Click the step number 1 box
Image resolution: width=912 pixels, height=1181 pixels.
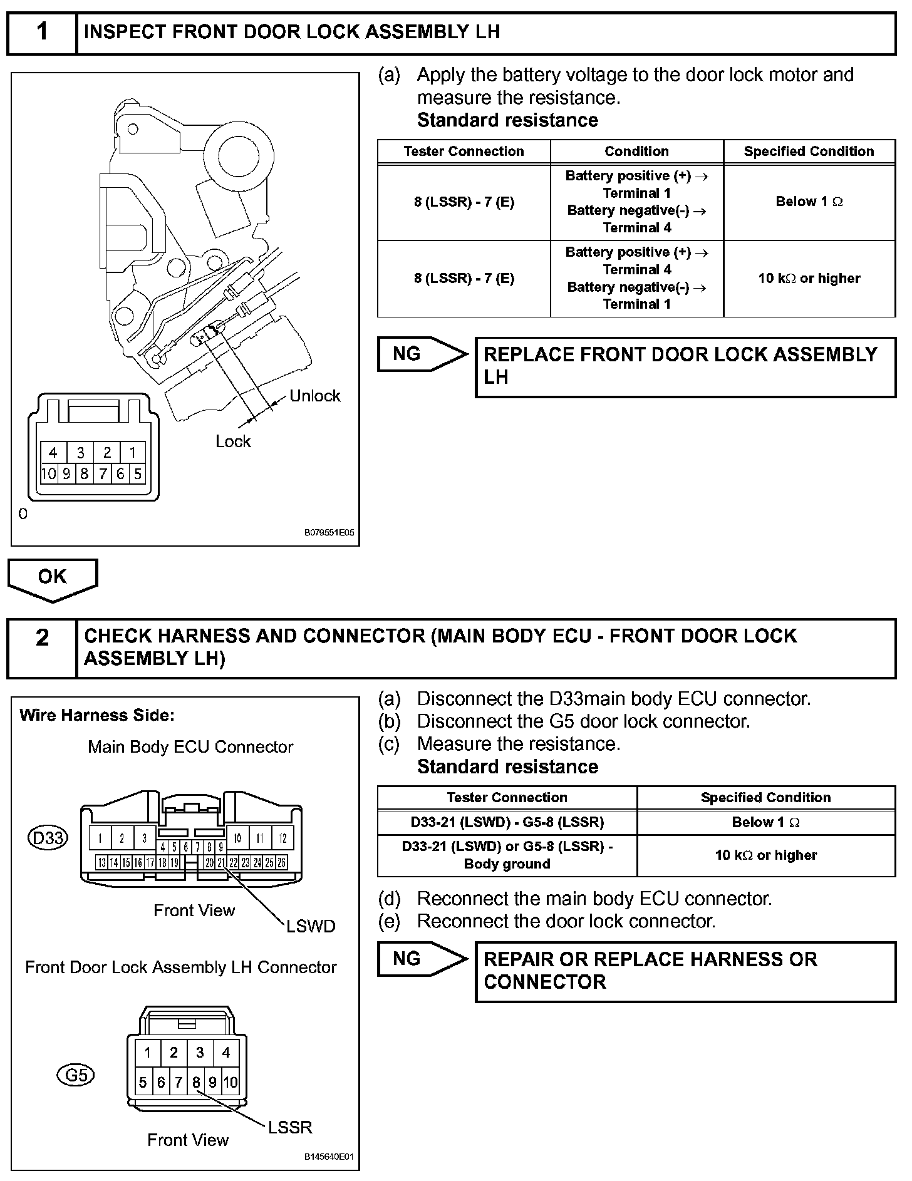[x=42, y=33]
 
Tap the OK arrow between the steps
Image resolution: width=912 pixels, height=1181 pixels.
[x=52, y=578]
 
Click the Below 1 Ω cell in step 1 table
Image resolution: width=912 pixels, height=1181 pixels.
[x=809, y=202]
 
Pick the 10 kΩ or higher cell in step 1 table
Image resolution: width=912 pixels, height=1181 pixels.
[x=809, y=279]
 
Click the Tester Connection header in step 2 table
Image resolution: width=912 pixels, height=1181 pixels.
[x=507, y=798]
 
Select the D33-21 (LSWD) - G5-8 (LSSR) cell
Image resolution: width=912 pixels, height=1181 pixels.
[x=507, y=822]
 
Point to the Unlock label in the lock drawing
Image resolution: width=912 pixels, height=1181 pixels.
[x=314, y=396]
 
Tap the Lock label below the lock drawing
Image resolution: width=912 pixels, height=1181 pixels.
[x=233, y=441]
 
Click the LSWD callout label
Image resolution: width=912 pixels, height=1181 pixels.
[x=311, y=926]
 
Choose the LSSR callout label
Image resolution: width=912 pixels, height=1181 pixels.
[x=290, y=1128]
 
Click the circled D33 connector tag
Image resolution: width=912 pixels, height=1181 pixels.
[x=48, y=837]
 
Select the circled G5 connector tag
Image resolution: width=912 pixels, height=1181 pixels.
[x=76, y=1076]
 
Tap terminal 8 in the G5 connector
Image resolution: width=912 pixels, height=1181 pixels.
[x=196, y=1082]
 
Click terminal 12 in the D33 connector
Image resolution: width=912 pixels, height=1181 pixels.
[x=282, y=838]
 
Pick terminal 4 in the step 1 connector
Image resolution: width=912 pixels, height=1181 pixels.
[x=53, y=453]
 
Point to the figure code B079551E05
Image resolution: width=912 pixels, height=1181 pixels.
[x=329, y=533]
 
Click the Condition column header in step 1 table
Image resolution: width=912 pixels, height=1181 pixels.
[x=636, y=152]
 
